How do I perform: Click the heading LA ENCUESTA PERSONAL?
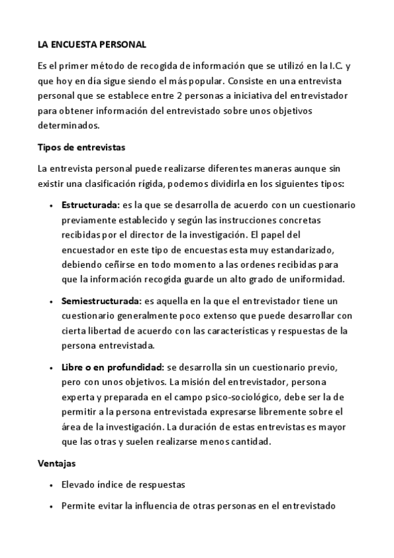91,45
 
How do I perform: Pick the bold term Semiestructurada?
101,301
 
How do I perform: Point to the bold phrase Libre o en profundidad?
112,366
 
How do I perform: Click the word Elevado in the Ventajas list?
80,485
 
